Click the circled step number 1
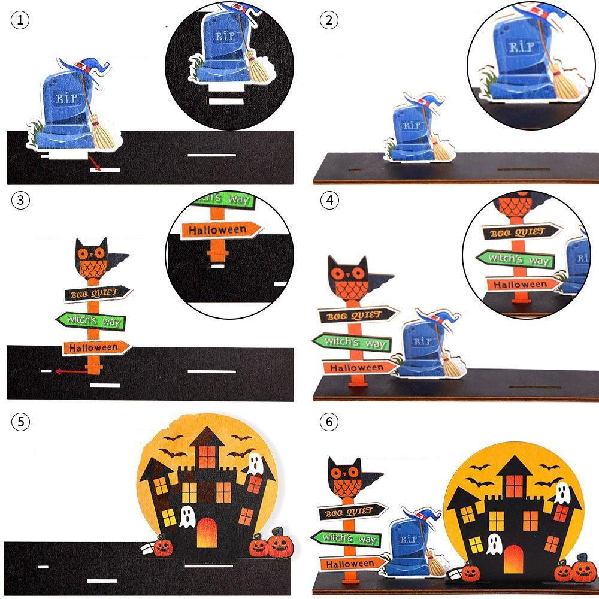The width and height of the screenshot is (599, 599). pyautogui.click(x=20, y=21)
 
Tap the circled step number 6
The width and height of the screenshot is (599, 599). pyautogui.click(x=328, y=422)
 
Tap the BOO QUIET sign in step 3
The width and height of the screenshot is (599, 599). pyautogui.click(x=98, y=294)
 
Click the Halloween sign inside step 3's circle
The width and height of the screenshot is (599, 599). pyautogui.click(x=222, y=229)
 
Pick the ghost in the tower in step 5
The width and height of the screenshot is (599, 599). pyautogui.click(x=253, y=463)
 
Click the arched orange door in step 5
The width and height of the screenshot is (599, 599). pyautogui.click(x=207, y=530)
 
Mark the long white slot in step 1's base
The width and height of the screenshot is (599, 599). pyautogui.click(x=212, y=155)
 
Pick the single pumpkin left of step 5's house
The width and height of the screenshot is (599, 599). pyautogui.click(x=163, y=546)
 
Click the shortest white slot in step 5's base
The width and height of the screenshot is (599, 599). pyautogui.click(x=43, y=566)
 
